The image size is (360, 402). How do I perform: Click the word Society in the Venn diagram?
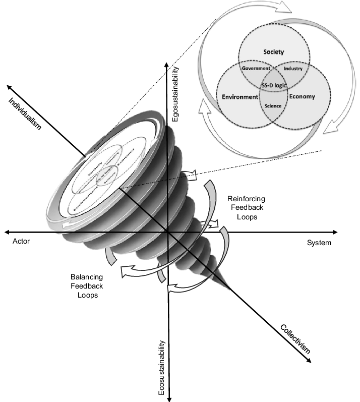point(274,51)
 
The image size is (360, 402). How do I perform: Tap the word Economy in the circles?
point(303,97)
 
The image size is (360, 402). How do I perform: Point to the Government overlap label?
point(257,68)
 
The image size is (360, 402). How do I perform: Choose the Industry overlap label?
point(292,68)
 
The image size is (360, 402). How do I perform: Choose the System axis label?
point(319,243)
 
